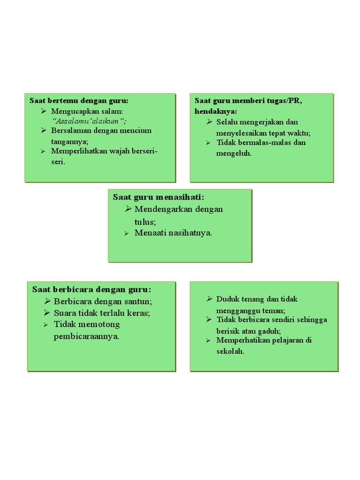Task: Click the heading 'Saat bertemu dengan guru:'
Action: [79, 101]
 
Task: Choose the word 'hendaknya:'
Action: [216, 111]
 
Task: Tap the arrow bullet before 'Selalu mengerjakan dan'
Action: [210, 122]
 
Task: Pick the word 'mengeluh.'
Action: [234, 153]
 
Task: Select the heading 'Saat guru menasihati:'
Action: [158, 197]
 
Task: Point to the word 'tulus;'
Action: [145, 221]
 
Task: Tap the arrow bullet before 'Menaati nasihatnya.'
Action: [127, 233]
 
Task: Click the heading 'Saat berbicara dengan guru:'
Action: [91, 289]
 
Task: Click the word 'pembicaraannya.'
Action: [87, 337]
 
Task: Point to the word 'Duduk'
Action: [227, 299]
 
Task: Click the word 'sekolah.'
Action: [230, 351]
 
